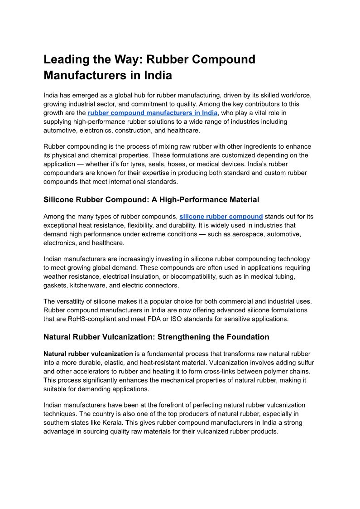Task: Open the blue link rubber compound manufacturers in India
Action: [153, 113]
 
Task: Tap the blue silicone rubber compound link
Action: [221, 217]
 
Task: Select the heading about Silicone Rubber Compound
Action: [151, 199]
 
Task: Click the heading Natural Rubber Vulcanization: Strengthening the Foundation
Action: [156, 337]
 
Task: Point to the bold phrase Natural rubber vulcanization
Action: [88, 354]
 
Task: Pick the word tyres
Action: [147, 164]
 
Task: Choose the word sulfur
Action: [304, 363]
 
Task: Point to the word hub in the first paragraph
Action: [141, 96]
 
